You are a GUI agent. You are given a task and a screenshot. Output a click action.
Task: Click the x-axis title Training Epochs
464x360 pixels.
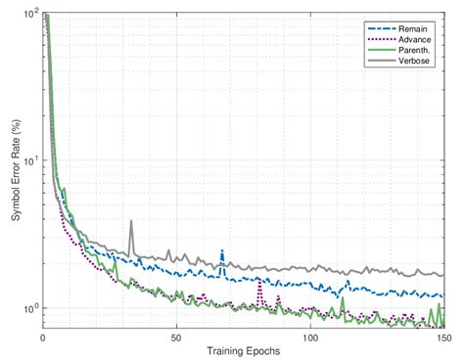point(244,350)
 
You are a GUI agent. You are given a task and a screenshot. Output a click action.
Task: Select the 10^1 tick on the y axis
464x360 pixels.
point(29,160)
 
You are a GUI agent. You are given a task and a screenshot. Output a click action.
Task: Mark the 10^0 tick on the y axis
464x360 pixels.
point(29,308)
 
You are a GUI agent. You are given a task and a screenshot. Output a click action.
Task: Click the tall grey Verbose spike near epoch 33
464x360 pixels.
point(131,221)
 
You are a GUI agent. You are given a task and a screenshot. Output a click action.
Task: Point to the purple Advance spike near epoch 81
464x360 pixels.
point(259,281)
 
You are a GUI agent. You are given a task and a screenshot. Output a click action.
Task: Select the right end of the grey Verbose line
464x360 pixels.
point(442,275)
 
